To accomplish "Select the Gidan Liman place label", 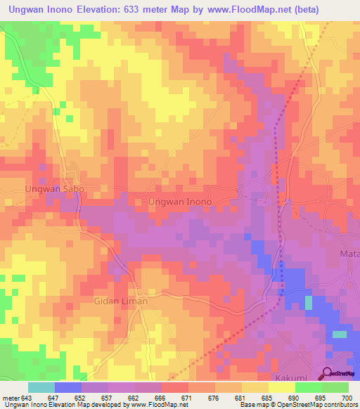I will point(121,301).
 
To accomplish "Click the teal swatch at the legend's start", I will point(41,387).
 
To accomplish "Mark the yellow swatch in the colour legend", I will point(282,387).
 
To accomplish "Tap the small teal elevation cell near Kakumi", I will point(340,335).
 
